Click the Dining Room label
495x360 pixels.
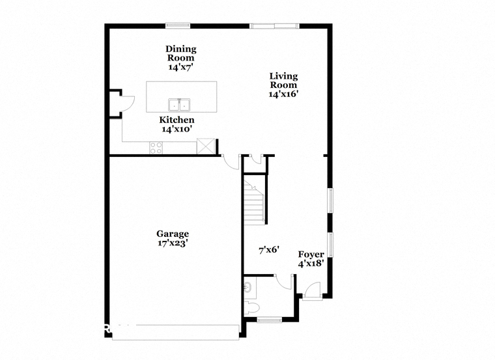pyautogui.click(x=181, y=53)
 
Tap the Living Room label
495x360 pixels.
pyautogui.click(x=283, y=81)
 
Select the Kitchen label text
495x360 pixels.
pyautogui.click(x=177, y=120)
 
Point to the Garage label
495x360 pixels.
pyautogui.click(x=173, y=234)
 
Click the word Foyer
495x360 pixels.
pyautogui.click(x=311, y=255)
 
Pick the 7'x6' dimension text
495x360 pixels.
pyautogui.click(x=269, y=250)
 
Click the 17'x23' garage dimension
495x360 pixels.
pyautogui.click(x=173, y=243)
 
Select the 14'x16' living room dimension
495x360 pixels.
pyautogui.click(x=283, y=94)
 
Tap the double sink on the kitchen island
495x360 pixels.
pyautogui.click(x=179, y=105)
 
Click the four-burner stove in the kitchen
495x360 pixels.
pyautogui.click(x=156, y=148)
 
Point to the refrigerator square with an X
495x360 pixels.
pyautogui.click(x=206, y=146)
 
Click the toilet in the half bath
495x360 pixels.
pyautogui.click(x=251, y=308)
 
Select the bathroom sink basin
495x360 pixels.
pyautogui.click(x=247, y=288)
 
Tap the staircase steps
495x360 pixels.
pyautogui.click(x=253, y=204)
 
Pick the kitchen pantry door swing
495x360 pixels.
pyautogui.click(x=128, y=104)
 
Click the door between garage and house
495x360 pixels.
pyautogui.click(x=231, y=162)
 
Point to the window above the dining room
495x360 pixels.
pyautogui.click(x=178, y=25)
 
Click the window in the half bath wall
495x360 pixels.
pyautogui.click(x=269, y=320)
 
